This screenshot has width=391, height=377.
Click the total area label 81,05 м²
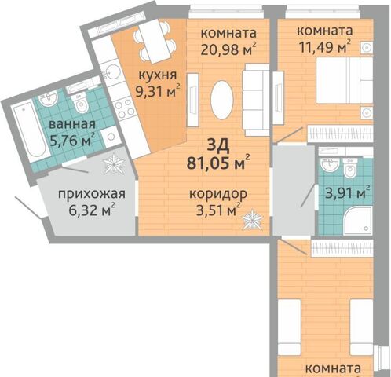(218, 163)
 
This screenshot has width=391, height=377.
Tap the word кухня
(157, 75)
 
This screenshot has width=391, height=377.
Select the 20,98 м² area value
(228, 49)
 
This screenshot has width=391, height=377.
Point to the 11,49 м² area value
(325, 47)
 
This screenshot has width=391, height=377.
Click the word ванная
(72, 124)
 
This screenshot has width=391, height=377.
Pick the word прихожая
(92, 194)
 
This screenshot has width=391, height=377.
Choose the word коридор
(218, 195)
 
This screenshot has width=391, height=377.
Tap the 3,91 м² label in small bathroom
(347, 193)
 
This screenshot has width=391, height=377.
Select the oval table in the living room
(221, 100)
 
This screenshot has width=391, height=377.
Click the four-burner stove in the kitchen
(125, 109)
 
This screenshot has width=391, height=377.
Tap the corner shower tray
(358, 221)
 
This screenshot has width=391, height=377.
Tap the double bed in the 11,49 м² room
(344, 80)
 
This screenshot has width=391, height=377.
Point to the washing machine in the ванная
(110, 137)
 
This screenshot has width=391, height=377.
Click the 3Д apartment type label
(218, 146)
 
